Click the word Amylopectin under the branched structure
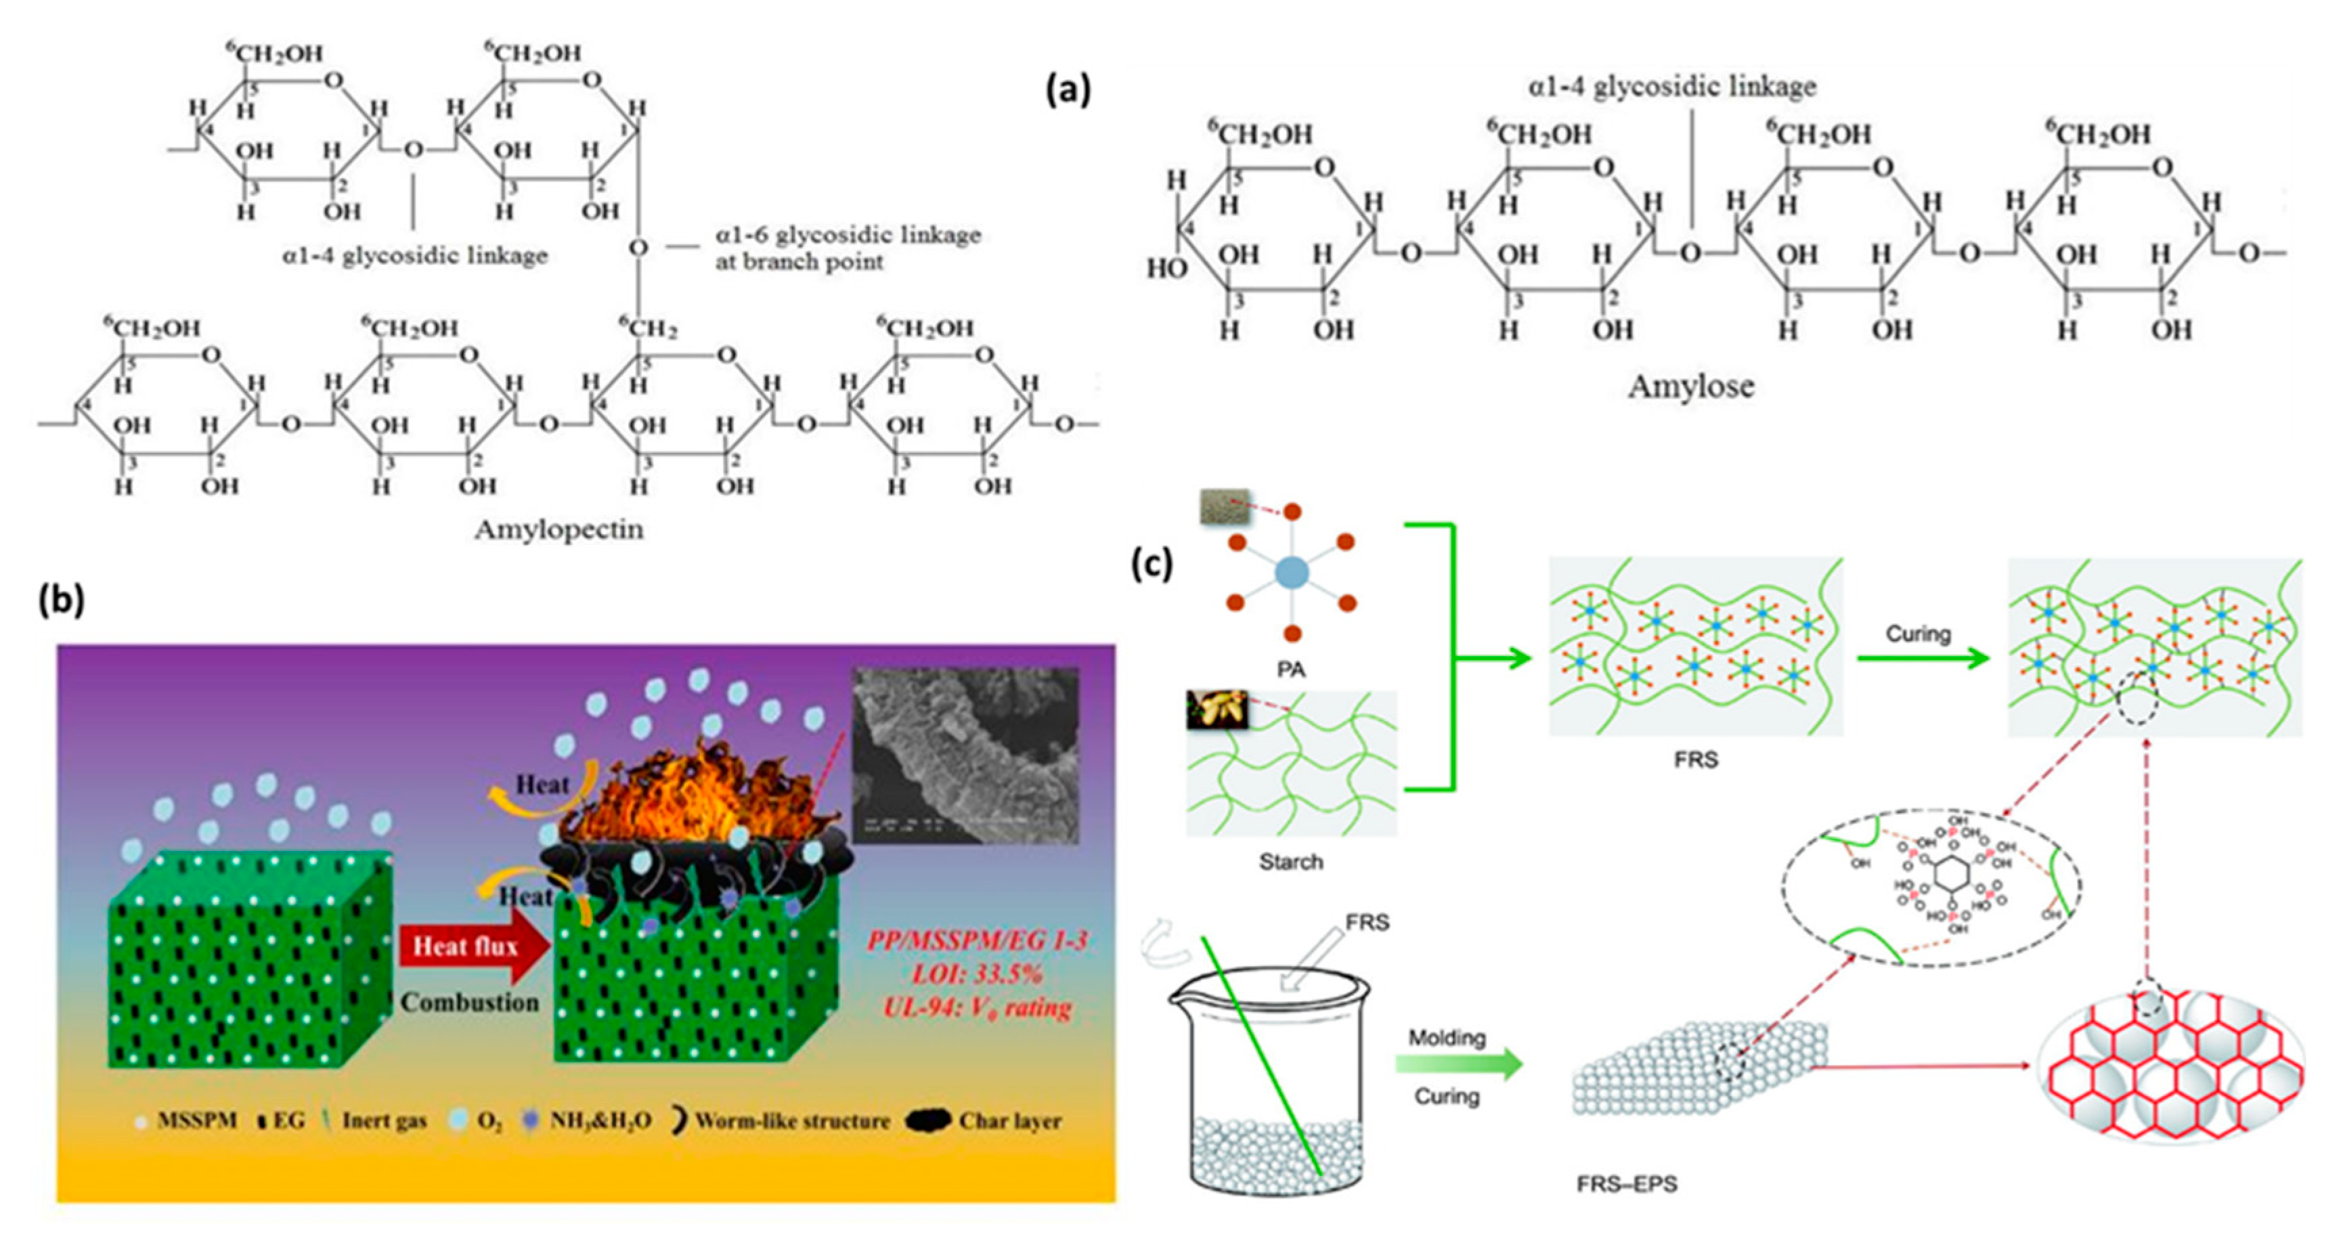tap(558, 529)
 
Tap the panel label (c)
tap(1151, 564)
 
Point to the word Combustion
tap(470, 1002)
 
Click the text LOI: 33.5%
tap(977, 974)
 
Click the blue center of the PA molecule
tap(1291, 573)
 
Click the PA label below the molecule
tap(1291, 670)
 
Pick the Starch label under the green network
tap(1291, 861)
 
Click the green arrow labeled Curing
tap(1923, 659)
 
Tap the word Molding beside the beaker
tap(1447, 1038)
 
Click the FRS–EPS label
tap(1626, 1184)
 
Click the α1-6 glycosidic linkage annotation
tap(848, 248)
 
